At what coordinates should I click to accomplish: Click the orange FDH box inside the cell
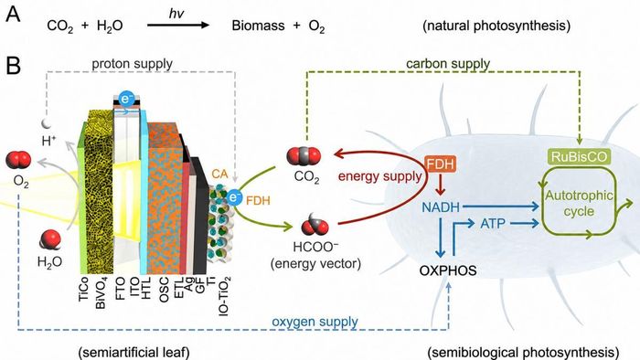441,164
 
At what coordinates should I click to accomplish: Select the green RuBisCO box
579,156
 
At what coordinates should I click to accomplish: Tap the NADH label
441,207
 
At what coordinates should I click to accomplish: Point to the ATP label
493,224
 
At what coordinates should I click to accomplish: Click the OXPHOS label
448,270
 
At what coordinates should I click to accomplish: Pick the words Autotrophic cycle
579,203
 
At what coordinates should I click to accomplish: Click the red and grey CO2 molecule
304,156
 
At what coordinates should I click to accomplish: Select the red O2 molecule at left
18,160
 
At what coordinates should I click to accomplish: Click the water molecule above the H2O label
49,239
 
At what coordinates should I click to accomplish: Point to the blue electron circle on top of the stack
126,99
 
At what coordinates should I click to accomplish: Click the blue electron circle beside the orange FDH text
234,197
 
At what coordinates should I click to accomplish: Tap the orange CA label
219,175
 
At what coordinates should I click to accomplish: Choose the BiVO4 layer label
101,293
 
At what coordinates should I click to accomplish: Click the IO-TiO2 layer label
225,296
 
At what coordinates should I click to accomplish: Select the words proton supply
132,64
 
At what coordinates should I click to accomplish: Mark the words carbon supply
448,64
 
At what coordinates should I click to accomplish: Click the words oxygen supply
315,322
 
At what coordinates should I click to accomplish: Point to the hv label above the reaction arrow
176,14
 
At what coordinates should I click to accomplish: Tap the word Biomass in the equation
258,26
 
